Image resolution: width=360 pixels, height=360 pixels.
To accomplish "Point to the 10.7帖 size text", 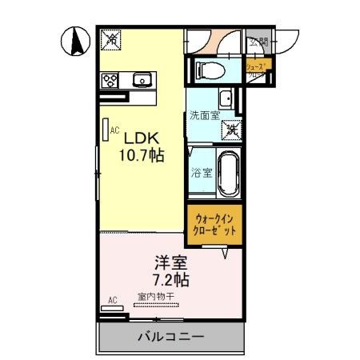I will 142,155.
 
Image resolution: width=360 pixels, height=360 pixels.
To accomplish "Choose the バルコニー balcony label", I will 169,337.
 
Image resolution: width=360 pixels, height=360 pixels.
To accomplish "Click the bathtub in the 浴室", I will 229,171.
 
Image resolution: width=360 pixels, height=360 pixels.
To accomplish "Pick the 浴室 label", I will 202,172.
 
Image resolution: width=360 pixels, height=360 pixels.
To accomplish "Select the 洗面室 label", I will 203,114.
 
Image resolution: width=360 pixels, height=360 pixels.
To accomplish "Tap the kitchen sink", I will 142,78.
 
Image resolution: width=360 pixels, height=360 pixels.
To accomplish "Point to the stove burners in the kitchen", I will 110,79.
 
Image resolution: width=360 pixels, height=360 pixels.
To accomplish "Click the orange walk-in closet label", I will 214,222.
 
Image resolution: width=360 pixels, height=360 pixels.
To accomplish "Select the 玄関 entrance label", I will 258,42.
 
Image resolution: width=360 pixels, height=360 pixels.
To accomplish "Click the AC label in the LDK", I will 114,129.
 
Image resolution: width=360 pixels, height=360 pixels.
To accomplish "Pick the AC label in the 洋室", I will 112,302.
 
